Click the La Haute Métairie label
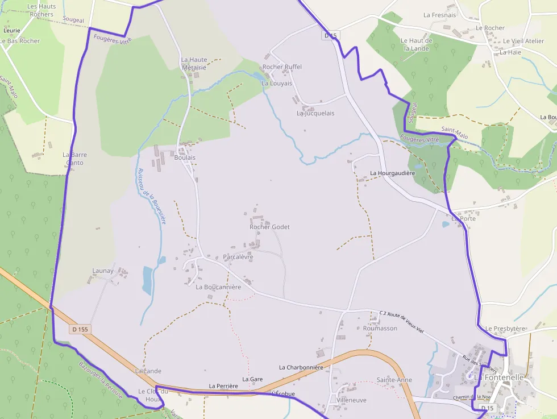[x=194, y=64]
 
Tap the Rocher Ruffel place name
[x=282, y=67]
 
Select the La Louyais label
[x=277, y=83]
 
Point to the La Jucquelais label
[x=315, y=113]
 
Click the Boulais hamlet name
[x=185, y=157]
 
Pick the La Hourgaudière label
[x=393, y=172]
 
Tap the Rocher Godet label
[x=269, y=227]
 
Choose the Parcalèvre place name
[x=238, y=257]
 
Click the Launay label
[x=103, y=271]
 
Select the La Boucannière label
[x=218, y=287]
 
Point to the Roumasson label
[x=380, y=328]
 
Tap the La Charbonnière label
[x=301, y=367]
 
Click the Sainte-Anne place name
[x=394, y=380]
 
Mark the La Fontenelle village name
[x=499, y=377]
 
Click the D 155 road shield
[x=81, y=329]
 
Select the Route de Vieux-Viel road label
[x=405, y=322]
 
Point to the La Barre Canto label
[x=74, y=159]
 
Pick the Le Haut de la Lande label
[x=417, y=44]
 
